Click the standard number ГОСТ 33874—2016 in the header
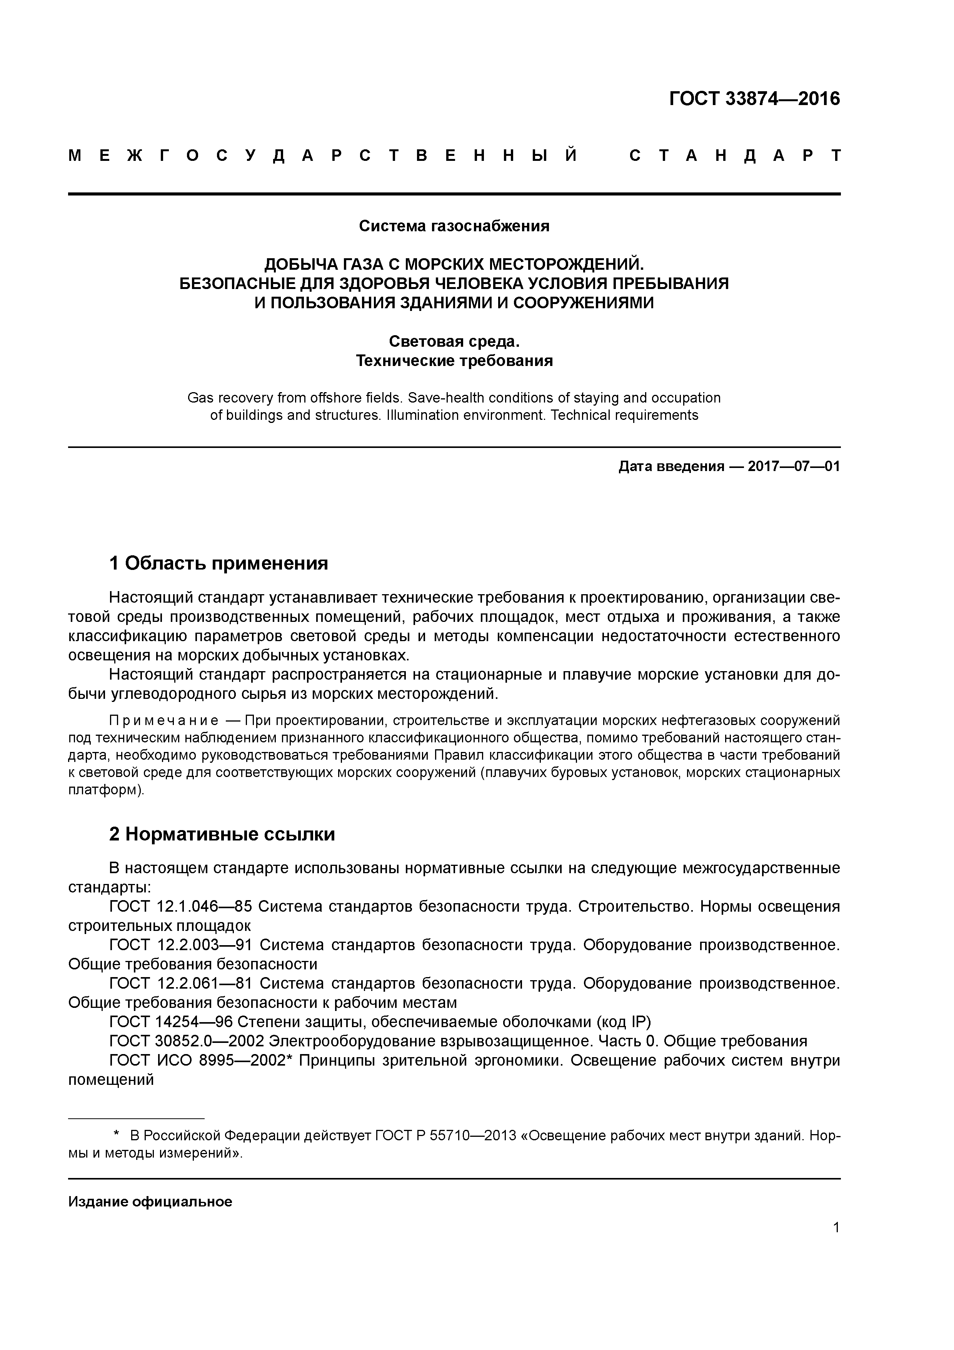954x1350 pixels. pyautogui.click(x=754, y=99)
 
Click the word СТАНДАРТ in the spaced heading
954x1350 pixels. pyautogui.click(x=734, y=156)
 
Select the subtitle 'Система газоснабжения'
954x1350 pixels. pyautogui.click(x=454, y=226)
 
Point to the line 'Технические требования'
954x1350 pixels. pyautogui.click(x=454, y=361)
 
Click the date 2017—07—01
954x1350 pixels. pyautogui.click(x=794, y=466)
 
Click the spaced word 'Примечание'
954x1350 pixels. pyautogui.click(x=164, y=720)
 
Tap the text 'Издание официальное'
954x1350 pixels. pyautogui.click(x=150, y=1202)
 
